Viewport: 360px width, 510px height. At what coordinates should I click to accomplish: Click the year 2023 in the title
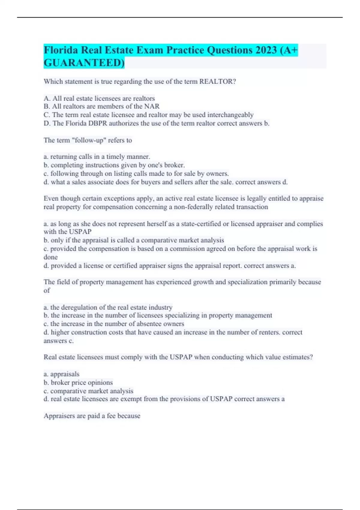tap(266, 50)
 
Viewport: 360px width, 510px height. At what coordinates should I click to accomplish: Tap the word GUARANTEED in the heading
tap(84, 63)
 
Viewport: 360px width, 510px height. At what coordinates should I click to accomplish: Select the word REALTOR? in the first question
tap(217, 82)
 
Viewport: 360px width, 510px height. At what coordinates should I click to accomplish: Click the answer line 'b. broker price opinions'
tap(78, 382)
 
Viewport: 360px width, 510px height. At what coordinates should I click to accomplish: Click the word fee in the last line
tap(111, 416)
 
